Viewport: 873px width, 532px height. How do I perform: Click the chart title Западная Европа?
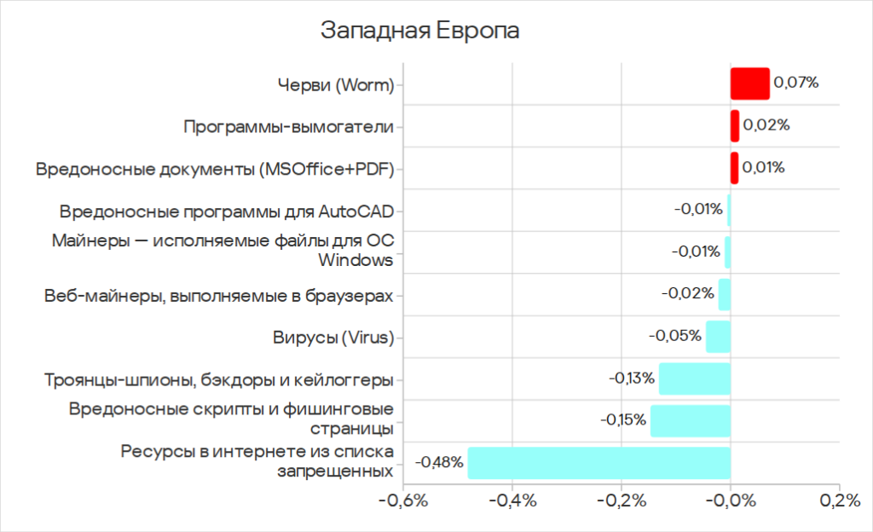(x=419, y=30)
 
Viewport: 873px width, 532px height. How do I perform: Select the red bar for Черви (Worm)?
(x=749, y=84)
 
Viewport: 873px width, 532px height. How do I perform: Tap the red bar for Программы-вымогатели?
(x=734, y=126)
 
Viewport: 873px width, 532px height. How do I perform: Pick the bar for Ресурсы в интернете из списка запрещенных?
(x=598, y=462)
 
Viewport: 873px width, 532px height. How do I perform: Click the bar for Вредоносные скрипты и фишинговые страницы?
(x=690, y=420)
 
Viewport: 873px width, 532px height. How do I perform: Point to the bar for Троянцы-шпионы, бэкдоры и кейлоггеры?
(x=694, y=379)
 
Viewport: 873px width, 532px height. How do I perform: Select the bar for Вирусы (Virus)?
(x=718, y=337)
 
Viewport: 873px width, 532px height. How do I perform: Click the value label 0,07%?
(x=795, y=84)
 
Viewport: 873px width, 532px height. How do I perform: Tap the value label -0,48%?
(x=440, y=462)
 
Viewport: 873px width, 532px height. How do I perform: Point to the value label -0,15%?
(x=622, y=420)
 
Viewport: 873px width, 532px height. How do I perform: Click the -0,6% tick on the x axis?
(x=402, y=501)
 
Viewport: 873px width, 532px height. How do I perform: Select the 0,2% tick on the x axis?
(x=839, y=501)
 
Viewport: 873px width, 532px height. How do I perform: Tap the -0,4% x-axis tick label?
(x=512, y=501)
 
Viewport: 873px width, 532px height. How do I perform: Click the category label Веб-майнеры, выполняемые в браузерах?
(x=219, y=295)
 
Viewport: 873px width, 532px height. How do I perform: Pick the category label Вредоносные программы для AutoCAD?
(x=226, y=211)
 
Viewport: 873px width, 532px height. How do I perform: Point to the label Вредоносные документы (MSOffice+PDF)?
(x=214, y=169)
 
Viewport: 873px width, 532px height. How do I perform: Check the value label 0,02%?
(x=766, y=126)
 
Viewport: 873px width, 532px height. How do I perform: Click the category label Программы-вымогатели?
(x=288, y=127)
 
